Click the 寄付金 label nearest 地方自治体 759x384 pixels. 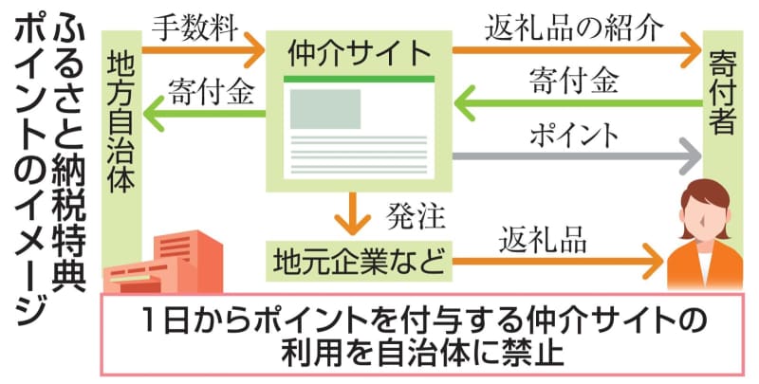click(210, 93)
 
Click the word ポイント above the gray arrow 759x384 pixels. click(576, 134)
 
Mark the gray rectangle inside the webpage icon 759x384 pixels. click(324, 109)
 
